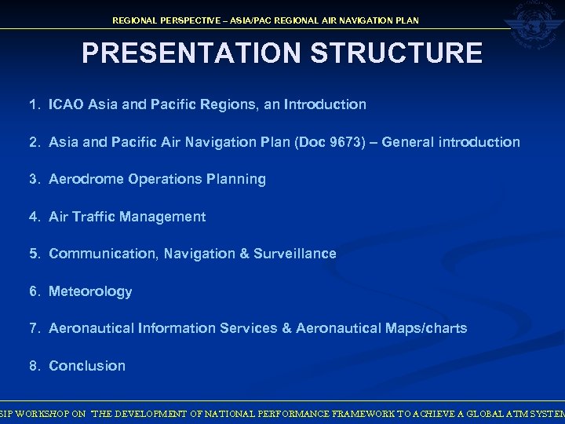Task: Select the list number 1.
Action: pyautogui.click(x=34, y=104)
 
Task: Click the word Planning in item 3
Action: pyautogui.click(x=237, y=179)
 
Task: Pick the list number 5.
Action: pyautogui.click(x=34, y=254)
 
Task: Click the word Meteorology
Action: pyautogui.click(x=90, y=291)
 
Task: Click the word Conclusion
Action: pyautogui.click(x=87, y=366)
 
